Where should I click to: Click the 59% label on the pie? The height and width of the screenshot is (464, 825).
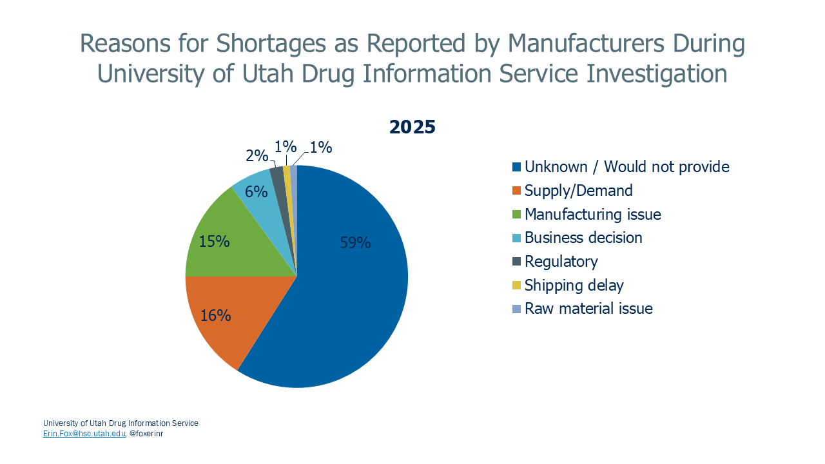tap(355, 243)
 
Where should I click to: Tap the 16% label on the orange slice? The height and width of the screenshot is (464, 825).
tap(215, 315)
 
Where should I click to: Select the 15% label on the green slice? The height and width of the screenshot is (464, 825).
tap(214, 241)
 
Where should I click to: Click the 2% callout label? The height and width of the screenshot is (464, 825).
tap(257, 155)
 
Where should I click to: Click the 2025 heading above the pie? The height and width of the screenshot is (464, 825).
tap(412, 127)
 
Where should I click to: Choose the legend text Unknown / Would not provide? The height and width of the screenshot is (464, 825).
tap(626, 167)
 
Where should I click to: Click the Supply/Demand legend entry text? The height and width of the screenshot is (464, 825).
tap(578, 191)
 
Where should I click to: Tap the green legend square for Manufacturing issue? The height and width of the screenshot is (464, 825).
tap(516, 215)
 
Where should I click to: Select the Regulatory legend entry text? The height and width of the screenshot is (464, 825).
tap(561, 262)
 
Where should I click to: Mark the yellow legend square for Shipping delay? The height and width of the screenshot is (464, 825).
tap(516, 285)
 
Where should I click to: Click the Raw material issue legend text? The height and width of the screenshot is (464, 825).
tap(588, 309)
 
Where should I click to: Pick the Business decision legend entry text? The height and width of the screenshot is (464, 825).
tap(583, 238)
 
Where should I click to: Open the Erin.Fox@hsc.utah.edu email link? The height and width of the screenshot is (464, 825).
tap(84, 434)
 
